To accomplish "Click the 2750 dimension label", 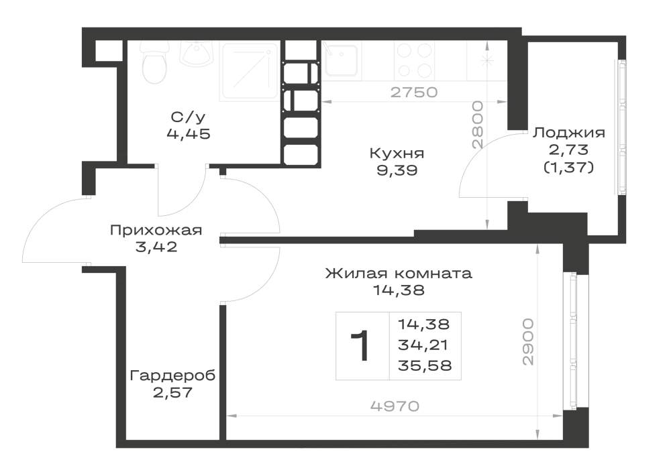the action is (414, 92).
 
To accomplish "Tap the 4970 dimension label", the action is (395, 406).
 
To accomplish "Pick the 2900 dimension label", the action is (529, 341).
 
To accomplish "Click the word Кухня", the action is (397, 153).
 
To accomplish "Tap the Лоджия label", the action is (569, 133).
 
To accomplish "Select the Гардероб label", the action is (172, 375).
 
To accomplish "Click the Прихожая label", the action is (156, 231).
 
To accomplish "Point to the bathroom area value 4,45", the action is (189, 134).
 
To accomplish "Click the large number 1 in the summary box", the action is (360, 346).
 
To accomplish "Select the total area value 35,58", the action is (425, 366).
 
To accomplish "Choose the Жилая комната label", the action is (399, 273).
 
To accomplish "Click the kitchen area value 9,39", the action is (397, 171).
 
